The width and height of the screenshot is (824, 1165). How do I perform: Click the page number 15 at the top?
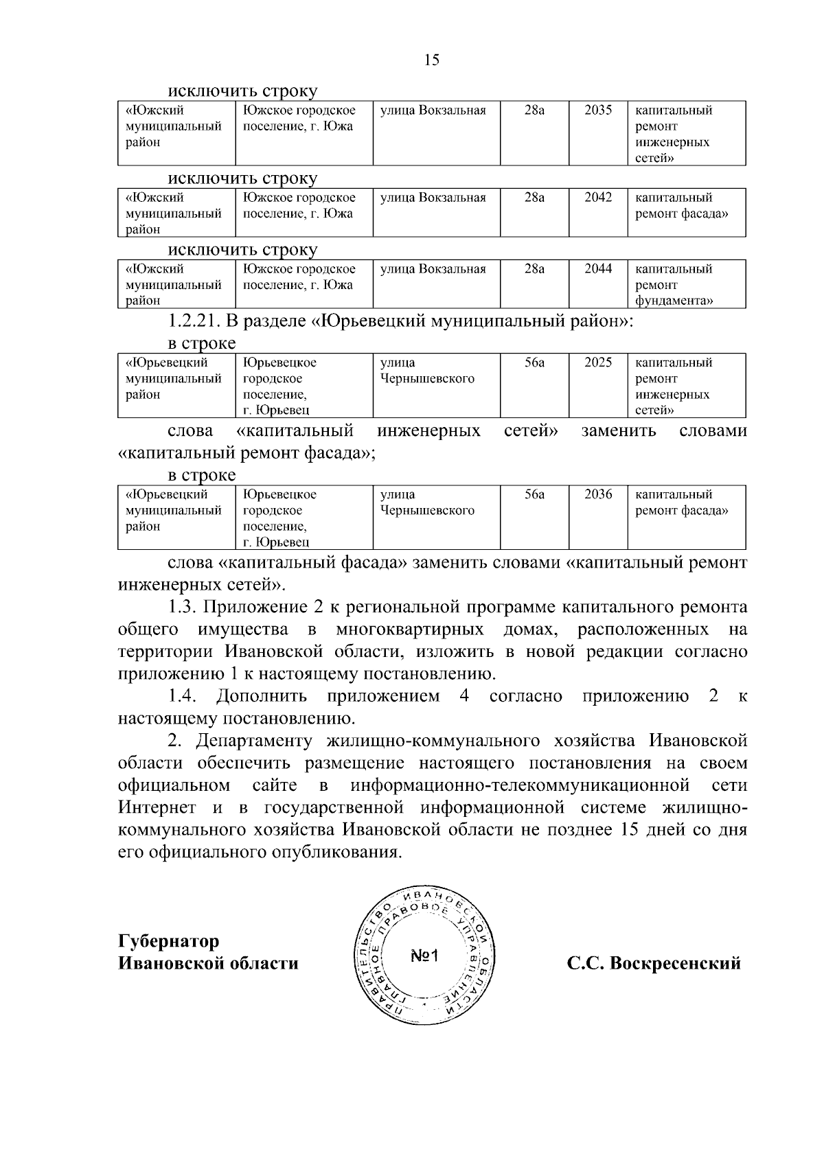(432, 60)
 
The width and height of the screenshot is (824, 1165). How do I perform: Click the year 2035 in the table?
(597, 111)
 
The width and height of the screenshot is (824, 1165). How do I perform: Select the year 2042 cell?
(597, 198)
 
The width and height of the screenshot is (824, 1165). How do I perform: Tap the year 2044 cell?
(597, 269)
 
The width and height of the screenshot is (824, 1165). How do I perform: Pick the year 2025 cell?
(597, 362)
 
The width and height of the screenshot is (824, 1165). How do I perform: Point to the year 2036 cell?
(597, 494)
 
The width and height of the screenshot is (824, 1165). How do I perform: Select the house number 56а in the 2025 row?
(534, 362)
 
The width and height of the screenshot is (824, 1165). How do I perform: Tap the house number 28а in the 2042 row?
(534, 198)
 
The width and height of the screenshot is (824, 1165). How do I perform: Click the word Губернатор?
(169, 941)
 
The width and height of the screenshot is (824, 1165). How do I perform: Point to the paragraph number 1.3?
(183, 608)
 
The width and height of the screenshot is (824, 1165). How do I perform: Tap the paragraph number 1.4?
(183, 696)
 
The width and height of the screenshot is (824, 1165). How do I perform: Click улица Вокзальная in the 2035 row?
(433, 111)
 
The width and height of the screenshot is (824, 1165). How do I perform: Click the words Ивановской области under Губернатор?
(208, 963)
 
